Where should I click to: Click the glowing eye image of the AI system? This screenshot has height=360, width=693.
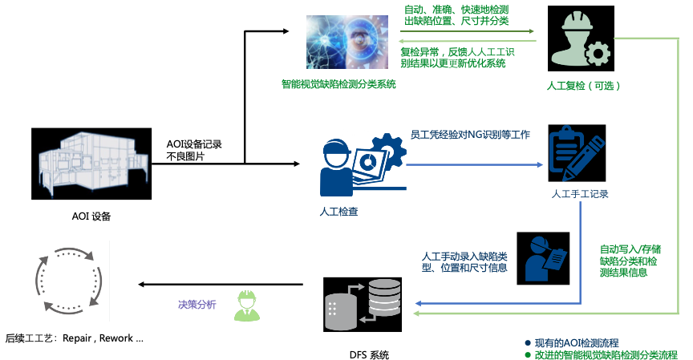click(x=346, y=42)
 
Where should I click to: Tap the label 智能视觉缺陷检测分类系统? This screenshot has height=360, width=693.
click(x=338, y=83)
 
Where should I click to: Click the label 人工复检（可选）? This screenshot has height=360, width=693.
click(x=584, y=85)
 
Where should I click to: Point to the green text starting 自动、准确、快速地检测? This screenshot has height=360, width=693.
click(x=456, y=15)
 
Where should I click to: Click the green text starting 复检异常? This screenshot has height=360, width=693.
click(x=457, y=57)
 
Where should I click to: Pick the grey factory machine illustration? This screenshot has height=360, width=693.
click(x=93, y=161)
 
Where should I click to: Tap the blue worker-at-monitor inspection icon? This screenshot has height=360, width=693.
click(x=363, y=164)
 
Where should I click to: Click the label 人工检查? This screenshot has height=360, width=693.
click(x=338, y=212)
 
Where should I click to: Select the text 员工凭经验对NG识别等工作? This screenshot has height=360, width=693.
click(x=470, y=135)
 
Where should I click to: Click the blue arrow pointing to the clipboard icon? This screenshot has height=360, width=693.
click(x=474, y=165)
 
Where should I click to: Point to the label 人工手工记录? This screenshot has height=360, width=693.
click(x=580, y=194)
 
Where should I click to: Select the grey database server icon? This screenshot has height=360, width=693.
click(x=363, y=304)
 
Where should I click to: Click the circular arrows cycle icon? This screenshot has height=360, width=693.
click(x=69, y=281)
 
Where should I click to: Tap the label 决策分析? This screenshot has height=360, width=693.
click(x=197, y=305)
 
